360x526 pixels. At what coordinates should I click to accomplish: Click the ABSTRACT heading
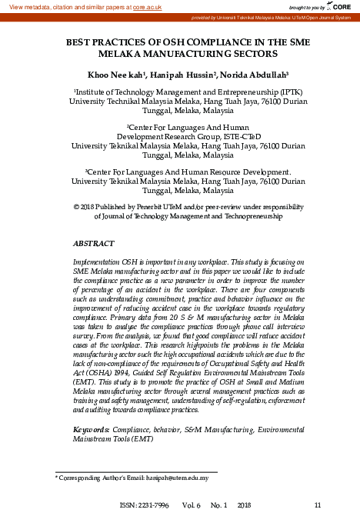point(93,243)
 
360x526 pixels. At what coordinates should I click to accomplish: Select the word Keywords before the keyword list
point(90,428)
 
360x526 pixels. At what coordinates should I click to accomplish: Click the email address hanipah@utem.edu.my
point(176,478)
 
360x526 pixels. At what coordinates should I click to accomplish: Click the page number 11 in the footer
point(317,505)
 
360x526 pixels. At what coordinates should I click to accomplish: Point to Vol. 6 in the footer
point(192,505)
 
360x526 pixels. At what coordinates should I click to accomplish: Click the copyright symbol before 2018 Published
point(75,207)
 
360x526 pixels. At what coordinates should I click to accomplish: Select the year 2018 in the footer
point(245,505)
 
